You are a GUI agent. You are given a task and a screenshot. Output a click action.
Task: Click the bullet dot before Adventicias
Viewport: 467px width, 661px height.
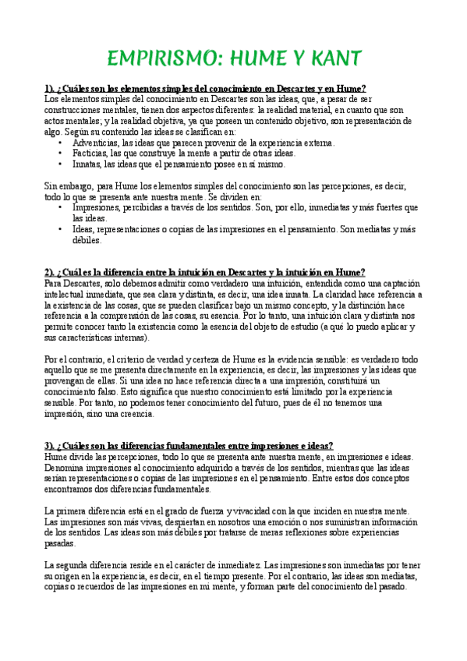[x=62, y=143]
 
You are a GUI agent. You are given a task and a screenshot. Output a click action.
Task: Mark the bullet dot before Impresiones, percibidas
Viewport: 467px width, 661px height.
[x=62, y=208]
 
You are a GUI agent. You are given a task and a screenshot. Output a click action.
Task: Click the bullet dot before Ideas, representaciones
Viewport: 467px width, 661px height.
[x=62, y=230]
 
